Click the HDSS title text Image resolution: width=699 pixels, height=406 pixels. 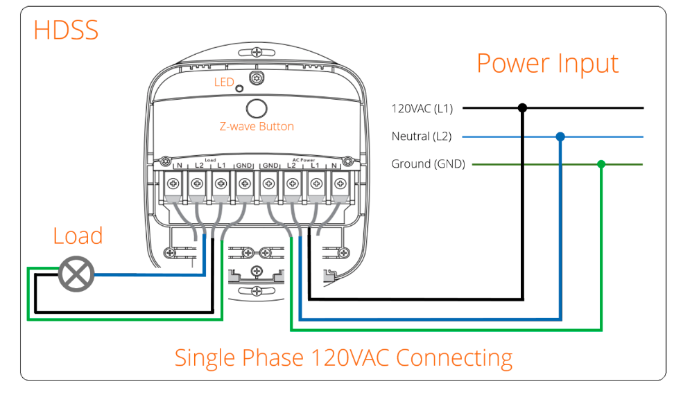pos(66,30)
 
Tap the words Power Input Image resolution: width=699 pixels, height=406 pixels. pos(547,63)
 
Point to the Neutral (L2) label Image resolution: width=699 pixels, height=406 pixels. pos(421,136)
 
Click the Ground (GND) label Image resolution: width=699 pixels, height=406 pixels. pos(428,164)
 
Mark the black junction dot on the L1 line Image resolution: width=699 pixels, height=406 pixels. pos(523,108)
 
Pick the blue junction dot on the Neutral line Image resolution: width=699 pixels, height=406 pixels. pos(560,136)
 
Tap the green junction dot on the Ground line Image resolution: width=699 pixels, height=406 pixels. pos(601,164)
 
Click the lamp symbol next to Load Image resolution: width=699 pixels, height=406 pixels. pos(75,275)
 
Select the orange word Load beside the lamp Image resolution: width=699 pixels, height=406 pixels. pos(78,236)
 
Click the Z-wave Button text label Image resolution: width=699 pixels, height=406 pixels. pos(257,127)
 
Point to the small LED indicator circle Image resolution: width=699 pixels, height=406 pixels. pos(239,89)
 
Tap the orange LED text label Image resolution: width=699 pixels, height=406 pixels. pos(224,82)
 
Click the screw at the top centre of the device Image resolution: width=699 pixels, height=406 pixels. pos(257,53)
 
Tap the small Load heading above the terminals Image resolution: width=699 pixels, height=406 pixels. pos(211,159)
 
